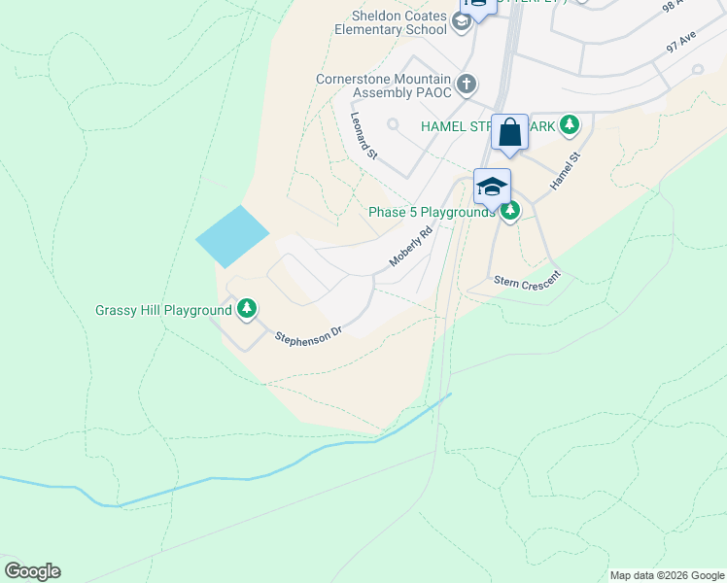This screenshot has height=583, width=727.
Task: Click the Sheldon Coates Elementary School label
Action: pyautogui.click(x=398, y=22)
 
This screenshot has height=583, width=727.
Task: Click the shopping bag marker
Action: pyautogui.click(x=509, y=132)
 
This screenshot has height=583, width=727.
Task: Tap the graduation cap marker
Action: pyautogui.click(x=492, y=187)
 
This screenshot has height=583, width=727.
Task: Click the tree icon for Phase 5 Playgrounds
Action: pyautogui.click(x=510, y=211)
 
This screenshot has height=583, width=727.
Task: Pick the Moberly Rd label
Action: pyautogui.click(x=409, y=248)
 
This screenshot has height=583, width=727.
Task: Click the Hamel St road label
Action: pyautogui.click(x=565, y=170)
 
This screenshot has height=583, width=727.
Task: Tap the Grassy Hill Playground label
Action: pyautogui.click(x=163, y=310)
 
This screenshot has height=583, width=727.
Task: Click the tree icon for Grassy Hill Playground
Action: pyautogui.click(x=248, y=310)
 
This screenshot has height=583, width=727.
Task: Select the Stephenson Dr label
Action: pyautogui.click(x=309, y=335)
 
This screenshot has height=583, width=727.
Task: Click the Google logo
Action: pyautogui.click(x=32, y=571)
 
